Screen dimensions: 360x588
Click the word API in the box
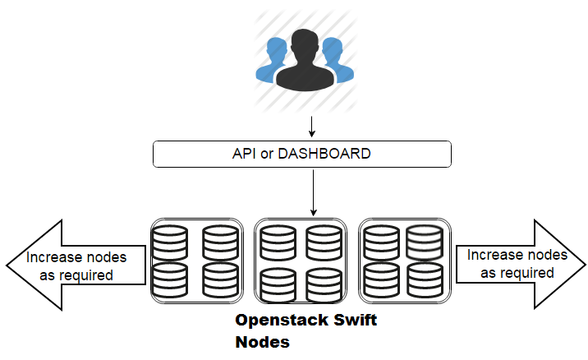click(245, 154)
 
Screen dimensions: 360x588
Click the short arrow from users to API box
click(312, 127)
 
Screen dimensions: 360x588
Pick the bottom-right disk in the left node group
click(219, 279)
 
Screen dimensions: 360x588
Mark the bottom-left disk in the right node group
click(382, 279)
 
